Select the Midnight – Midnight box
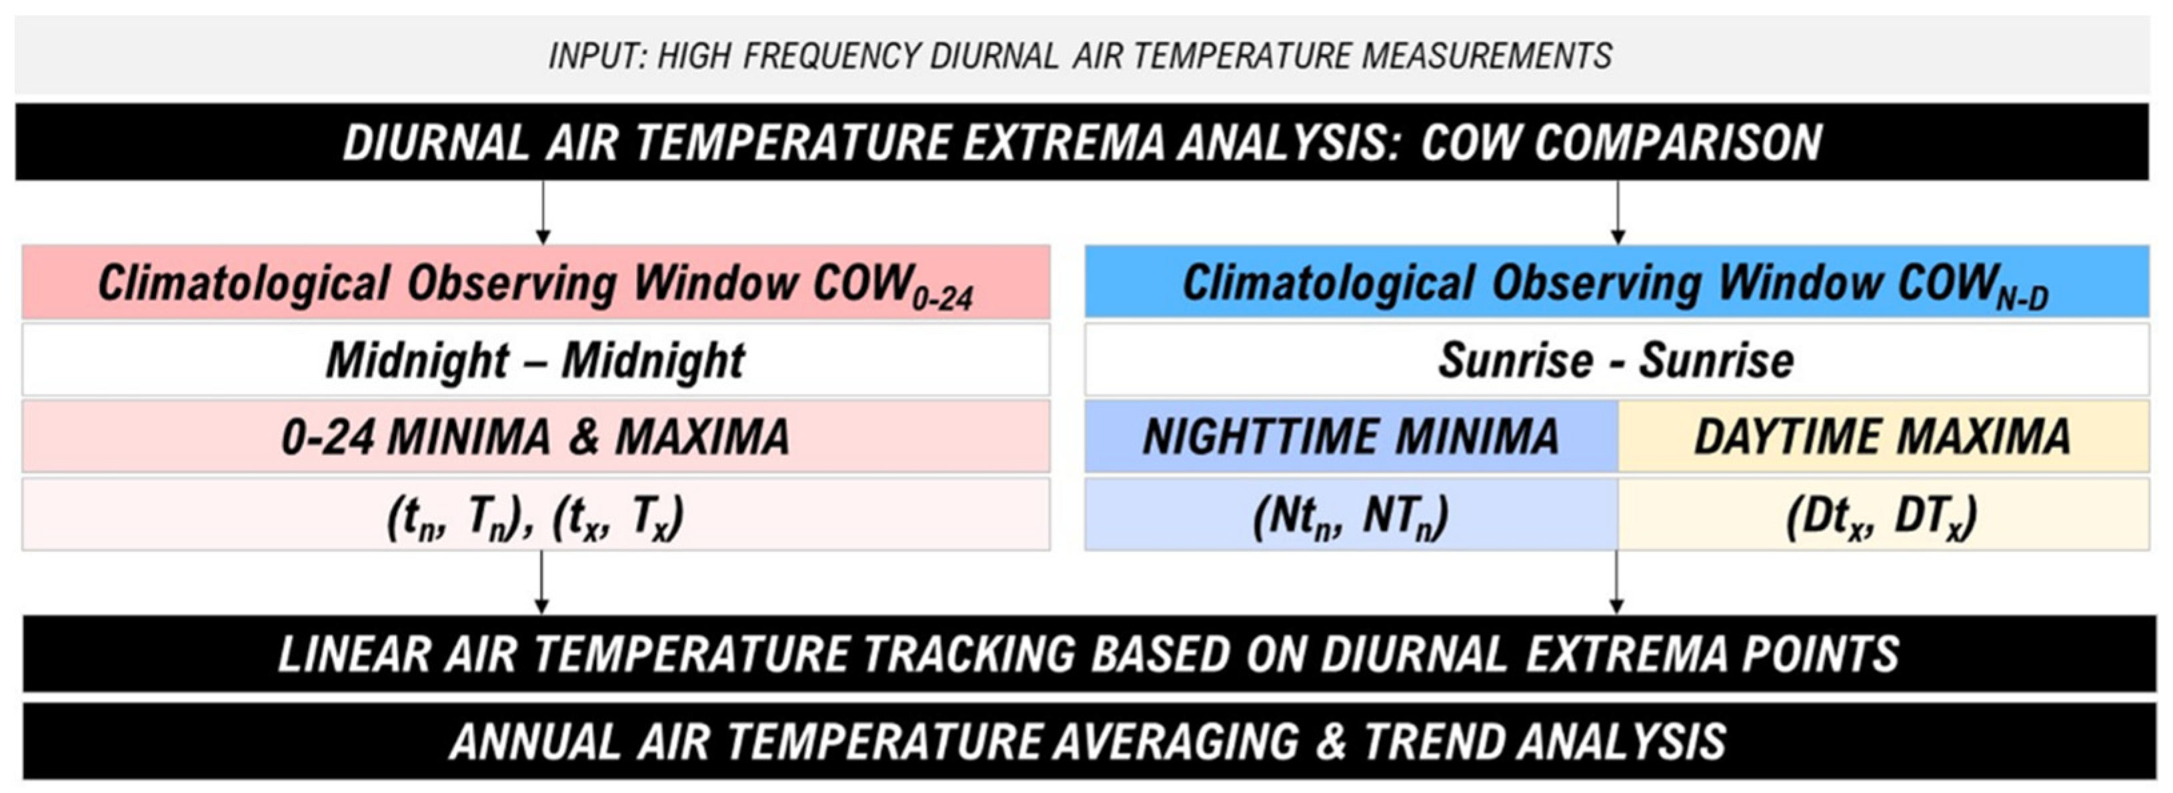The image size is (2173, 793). pyautogui.click(x=535, y=360)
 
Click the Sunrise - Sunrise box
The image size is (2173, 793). pyautogui.click(x=1616, y=360)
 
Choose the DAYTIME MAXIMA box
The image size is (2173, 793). pyautogui.click(x=1883, y=437)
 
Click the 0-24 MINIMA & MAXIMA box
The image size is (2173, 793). pyautogui.click(x=535, y=437)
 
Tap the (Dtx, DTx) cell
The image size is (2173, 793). pyautogui.click(x=1883, y=516)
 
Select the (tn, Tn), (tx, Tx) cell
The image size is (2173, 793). pyautogui.click(x=535, y=516)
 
